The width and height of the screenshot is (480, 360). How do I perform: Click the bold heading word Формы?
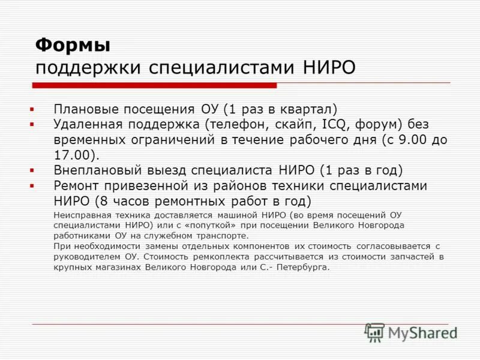tap(72, 44)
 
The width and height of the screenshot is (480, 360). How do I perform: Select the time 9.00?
tap(414, 140)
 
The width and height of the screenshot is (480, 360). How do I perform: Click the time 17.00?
tap(71, 155)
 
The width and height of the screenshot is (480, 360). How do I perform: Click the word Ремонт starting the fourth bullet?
tap(76, 185)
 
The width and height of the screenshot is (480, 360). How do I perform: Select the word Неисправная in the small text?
tap(78, 215)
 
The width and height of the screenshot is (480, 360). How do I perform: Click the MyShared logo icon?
tap(376, 332)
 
